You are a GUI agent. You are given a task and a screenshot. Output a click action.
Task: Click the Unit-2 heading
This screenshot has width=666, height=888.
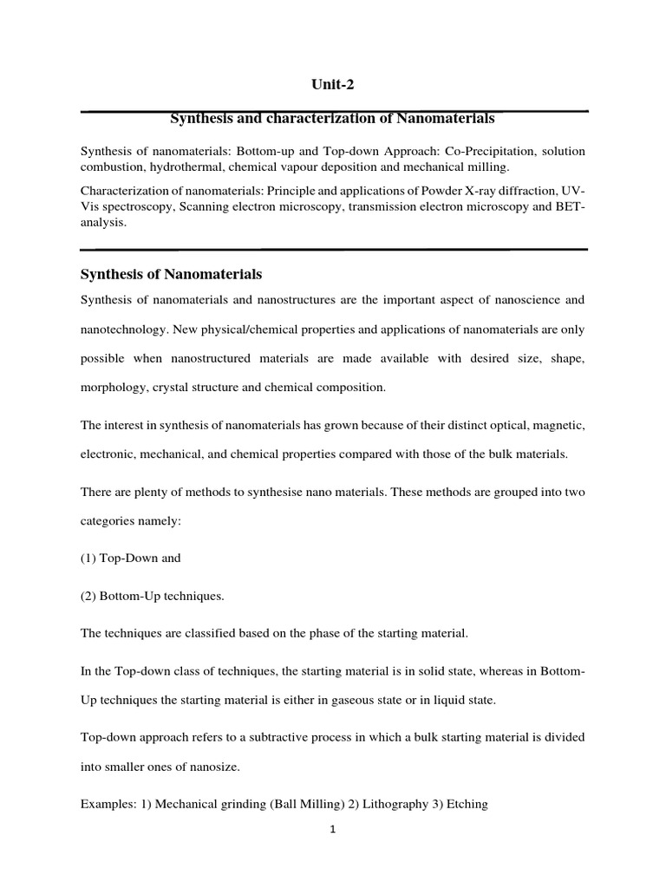click(x=333, y=84)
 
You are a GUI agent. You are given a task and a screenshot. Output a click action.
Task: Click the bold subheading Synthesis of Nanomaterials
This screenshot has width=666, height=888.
click(x=171, y=274)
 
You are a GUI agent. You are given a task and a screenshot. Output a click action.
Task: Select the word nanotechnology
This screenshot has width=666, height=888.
click(x=120, y=330)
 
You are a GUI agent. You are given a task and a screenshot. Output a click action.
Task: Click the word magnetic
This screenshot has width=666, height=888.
click(x=561, y=426)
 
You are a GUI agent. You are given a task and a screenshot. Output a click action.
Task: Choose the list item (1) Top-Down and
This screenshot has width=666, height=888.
click(x=131, y=558)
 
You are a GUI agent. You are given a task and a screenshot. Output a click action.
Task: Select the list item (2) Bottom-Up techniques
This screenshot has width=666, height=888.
click(x=152, y=596)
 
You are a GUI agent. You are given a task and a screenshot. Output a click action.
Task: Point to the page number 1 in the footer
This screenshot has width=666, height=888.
click(x=333, y=829)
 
